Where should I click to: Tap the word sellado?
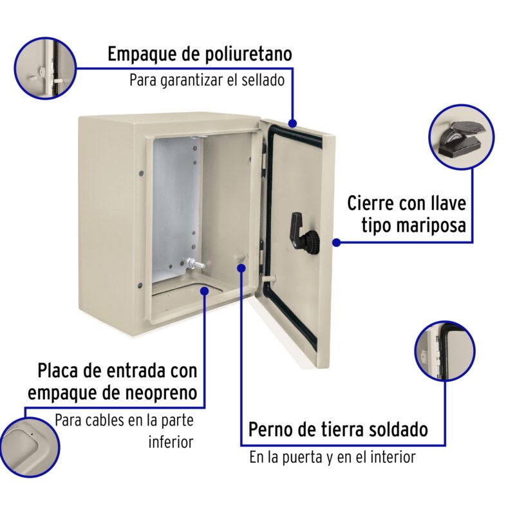pyautogui.click(x=261, y=80)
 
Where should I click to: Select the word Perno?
pyautogui.click(x=272, y=429)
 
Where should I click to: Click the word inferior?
pyautogui.click(x=171, y=442)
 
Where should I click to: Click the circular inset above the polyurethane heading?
pyautogui.click(x=44, y=67)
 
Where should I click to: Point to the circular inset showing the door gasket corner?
pyautogui.click(x=445, y=351)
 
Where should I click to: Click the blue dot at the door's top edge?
pyautogui.click(x=293, y=122)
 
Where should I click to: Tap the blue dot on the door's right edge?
pyautogui.click(x=336, y=242)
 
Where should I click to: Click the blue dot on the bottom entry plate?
pyautogui.click(x=205, y=290)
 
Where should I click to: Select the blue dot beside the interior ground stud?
pyautogui.click(x=241, y=267)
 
